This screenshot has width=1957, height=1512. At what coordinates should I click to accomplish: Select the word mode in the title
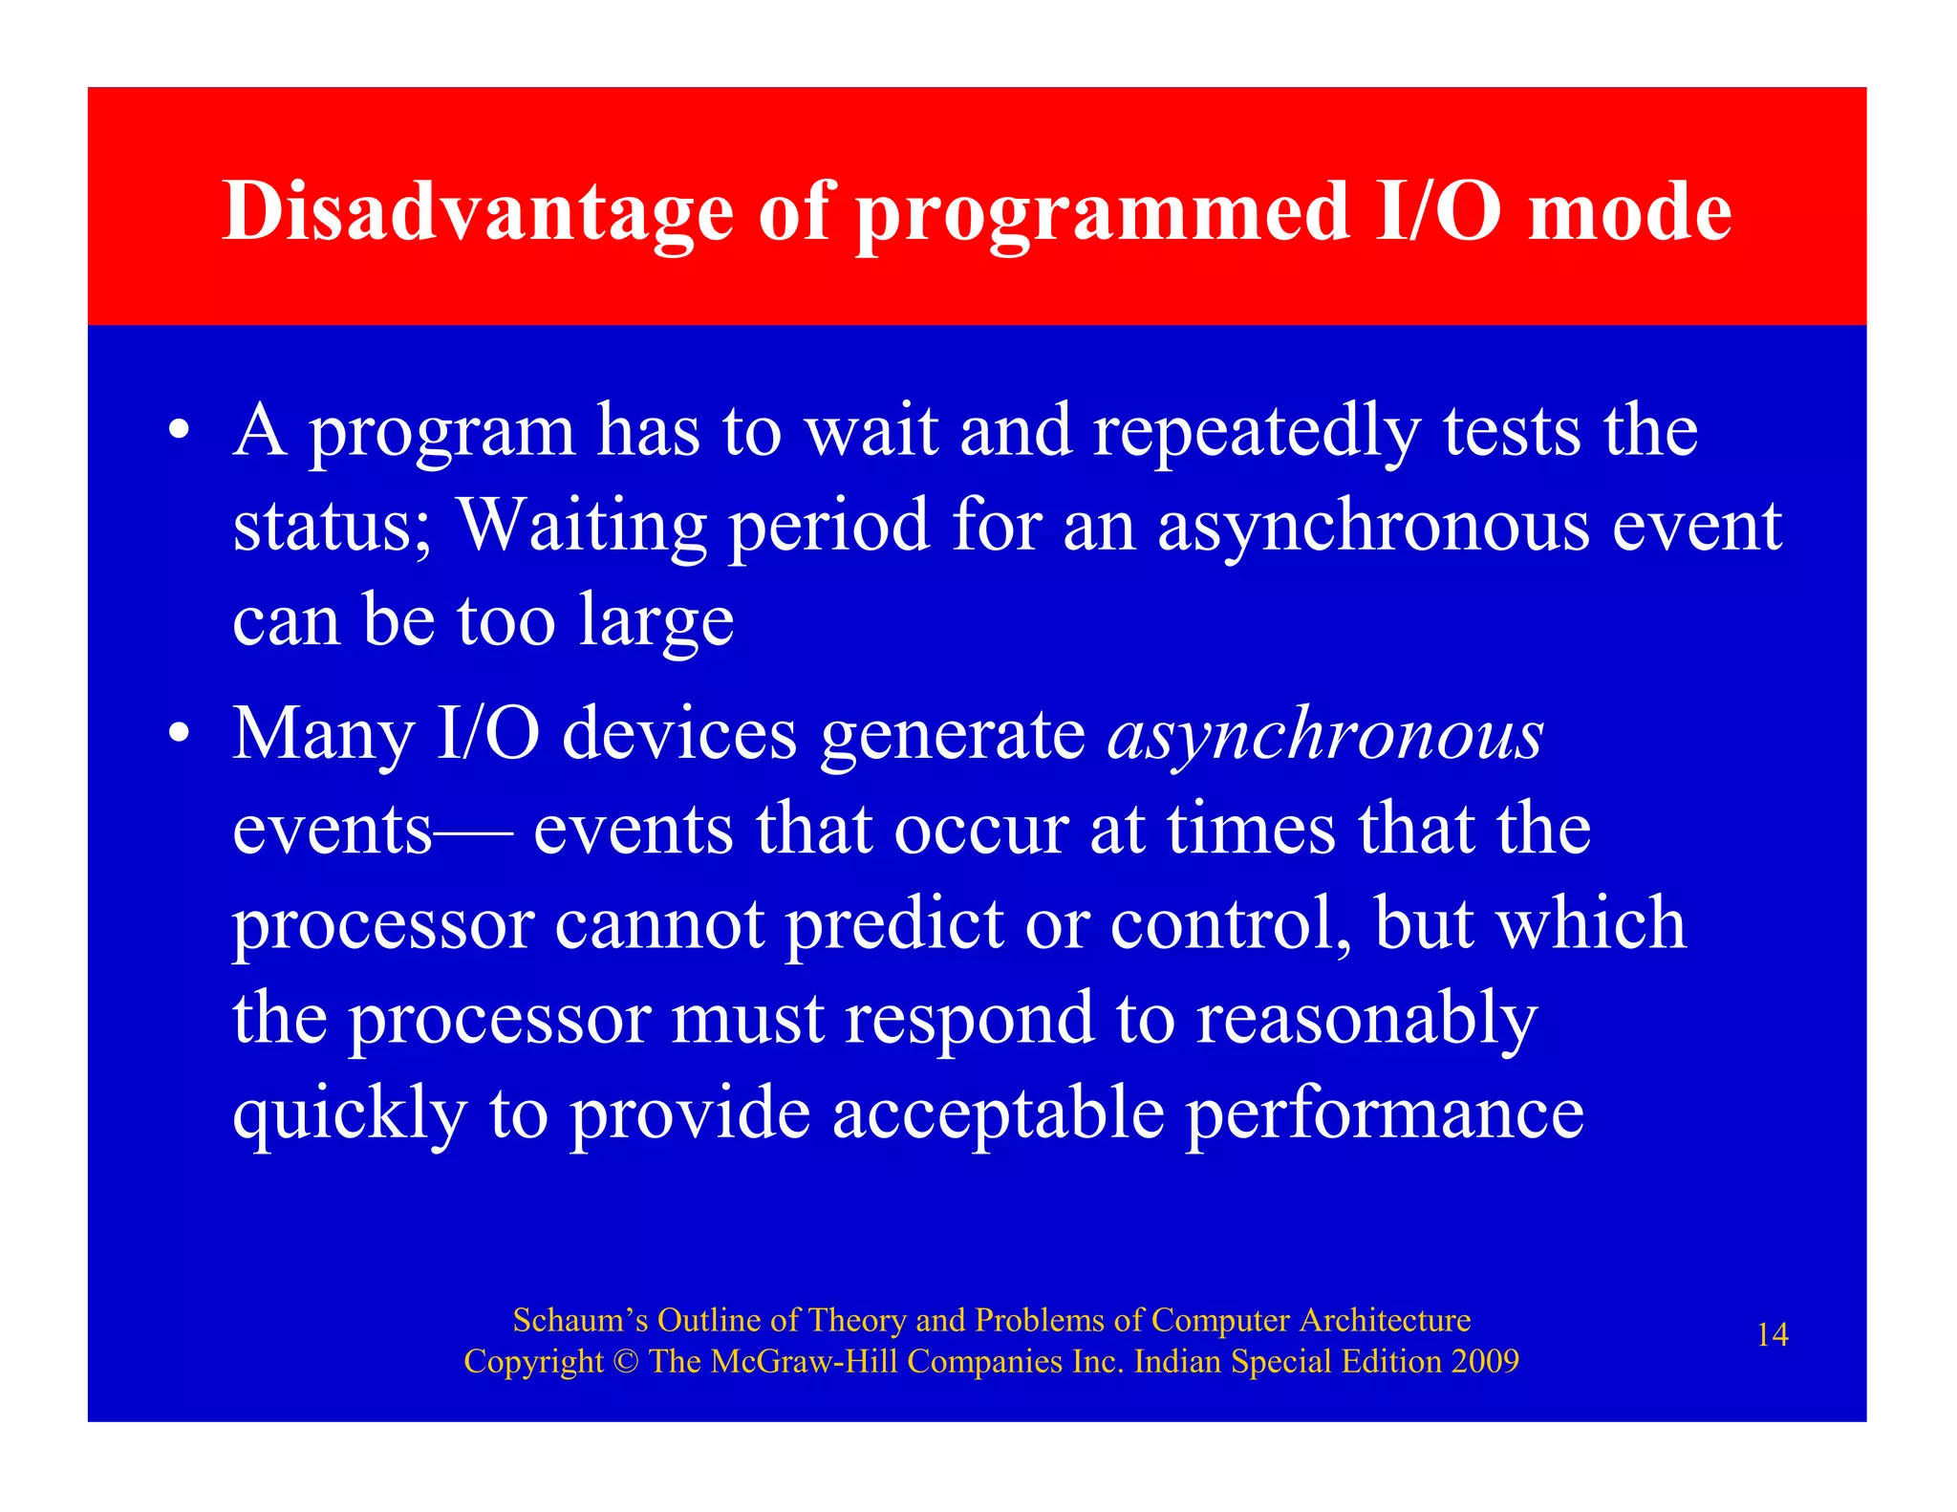(x=1630, y=211)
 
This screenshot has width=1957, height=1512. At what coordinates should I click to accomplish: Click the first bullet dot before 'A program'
(x=179, y=431)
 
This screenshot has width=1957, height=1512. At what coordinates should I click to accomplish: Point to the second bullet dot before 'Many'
(x=179, y=735)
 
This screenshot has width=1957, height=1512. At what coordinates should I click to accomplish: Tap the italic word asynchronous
(x=1325, y=736)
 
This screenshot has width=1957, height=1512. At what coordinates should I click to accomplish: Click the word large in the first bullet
(x=656, y=622)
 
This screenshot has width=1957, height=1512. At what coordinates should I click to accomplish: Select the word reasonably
(x=1366, y=1020)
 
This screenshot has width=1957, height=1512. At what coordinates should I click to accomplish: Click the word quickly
(x=350, y=1115)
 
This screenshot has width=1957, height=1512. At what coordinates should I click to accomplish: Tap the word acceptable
(x=999, y=1115)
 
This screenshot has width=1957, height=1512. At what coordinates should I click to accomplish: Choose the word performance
(x=1385, y=1115)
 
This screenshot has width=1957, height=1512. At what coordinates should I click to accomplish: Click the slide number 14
(x=1772, y=1335)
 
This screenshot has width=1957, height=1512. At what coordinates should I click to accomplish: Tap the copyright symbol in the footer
(x=625, y=1362)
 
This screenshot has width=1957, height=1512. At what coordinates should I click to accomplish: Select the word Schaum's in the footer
(x=580, y=1321)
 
